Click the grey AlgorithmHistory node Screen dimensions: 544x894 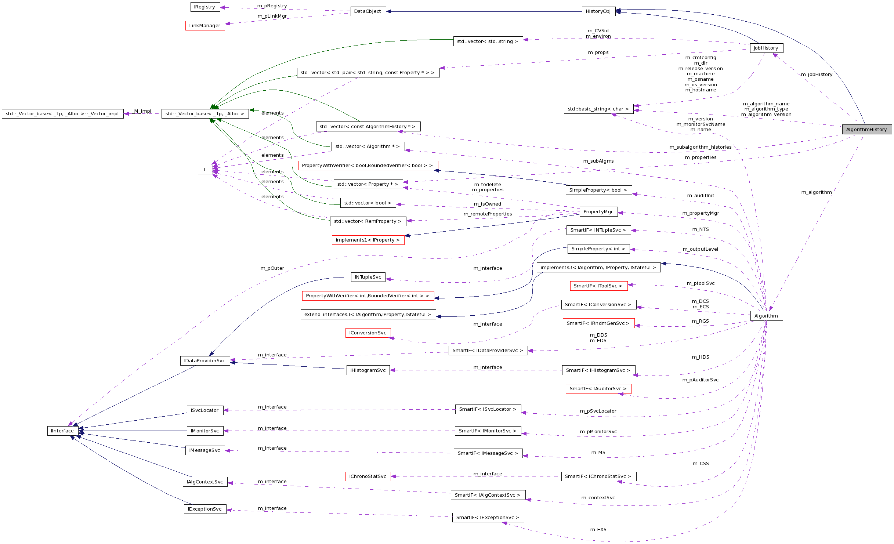tap(866, 130)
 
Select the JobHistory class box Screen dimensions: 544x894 tap(766, 48)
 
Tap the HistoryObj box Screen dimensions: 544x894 tap(598, 11)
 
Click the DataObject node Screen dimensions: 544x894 tap(368, 11)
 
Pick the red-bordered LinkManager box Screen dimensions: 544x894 tap(205, 26)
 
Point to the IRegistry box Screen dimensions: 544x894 tap(205, 7)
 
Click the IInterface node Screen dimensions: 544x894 tap(62, 431)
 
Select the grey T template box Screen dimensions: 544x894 tap(205, 170)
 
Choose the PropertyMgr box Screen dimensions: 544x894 tap(598, 212)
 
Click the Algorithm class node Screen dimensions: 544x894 tap(766, 316)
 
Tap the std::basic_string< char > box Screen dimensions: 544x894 tap(598, 109)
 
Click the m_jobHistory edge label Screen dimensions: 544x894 tap(817, 75)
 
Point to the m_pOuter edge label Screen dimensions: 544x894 tap(272, 268)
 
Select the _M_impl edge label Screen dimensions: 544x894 tap(142, 111)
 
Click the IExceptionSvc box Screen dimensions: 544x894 tap(205, 509)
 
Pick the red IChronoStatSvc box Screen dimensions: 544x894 tap(368, 476)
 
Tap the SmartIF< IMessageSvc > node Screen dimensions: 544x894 tap(488, 453)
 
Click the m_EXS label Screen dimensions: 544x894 tap(598, 530)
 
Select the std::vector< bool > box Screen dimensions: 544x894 tap(368, 203)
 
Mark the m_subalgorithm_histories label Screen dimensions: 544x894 tap(700, 147)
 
